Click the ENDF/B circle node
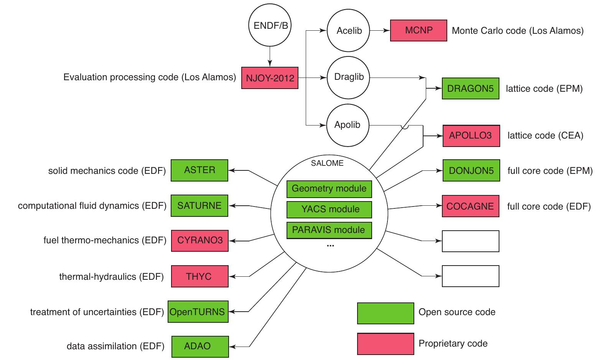[270, 26]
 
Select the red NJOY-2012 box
[270, 78]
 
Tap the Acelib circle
[348, 31]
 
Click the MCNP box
[418, 30]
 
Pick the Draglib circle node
[348, 77]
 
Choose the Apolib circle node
[347, 125]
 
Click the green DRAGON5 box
[470, 89]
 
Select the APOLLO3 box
[471, 135]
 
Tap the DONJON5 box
[471, 170]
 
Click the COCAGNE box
[470, 206]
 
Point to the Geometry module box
[329, 189]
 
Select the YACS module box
[329, 210]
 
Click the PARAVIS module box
[329, 230]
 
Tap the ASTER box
[199, 170]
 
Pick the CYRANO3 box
[199, 241]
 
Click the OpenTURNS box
[198, 312]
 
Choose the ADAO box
[200, 346]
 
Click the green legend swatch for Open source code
[385, 313]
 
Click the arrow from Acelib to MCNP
[380, 31]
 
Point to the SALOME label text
[327, 163]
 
